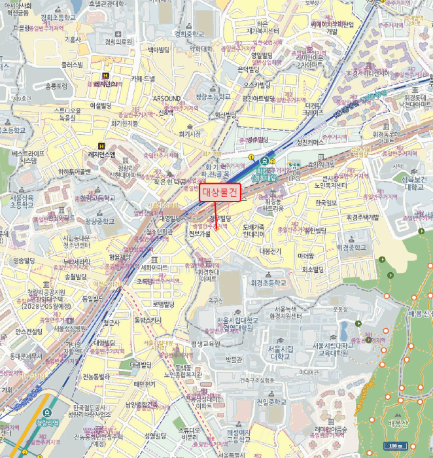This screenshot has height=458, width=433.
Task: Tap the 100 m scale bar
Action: tap(396, 446)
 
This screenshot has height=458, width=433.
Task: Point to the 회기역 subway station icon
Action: tap(264, 160)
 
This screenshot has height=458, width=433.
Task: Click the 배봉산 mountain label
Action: tap(398, 423)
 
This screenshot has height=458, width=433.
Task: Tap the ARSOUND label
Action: tap(167, 97)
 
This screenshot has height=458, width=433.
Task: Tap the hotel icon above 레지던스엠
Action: tap(101, 145)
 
